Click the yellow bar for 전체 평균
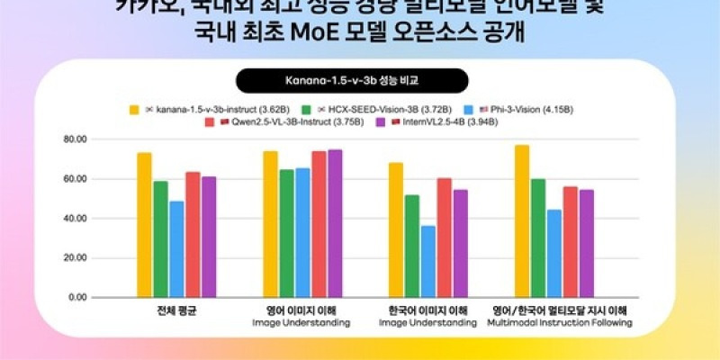pyautogui.click(x=144, y=225)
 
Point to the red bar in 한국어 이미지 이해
pyautogui.click(x=445, y=238)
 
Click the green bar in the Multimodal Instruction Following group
pyautogui.click(x=538, y=238)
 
